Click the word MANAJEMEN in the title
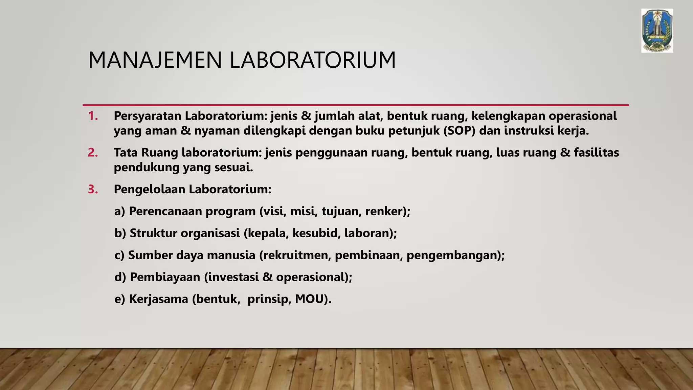pyautogui.click(x=155, y=60)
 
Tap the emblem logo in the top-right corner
pyautogui.click(x=657, y=31)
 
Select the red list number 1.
pyautogui.click(x=93, y=116)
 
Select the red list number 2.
pyautogui.click(x=93, y=153)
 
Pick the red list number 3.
pyautogui.click(x=93, y=189)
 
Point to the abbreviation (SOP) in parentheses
pyautogui.click(x=459, y=131)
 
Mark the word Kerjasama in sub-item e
pyautogui.click(x=158, y=299)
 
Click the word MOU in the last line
pyautogui.click(x=309, y=299)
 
